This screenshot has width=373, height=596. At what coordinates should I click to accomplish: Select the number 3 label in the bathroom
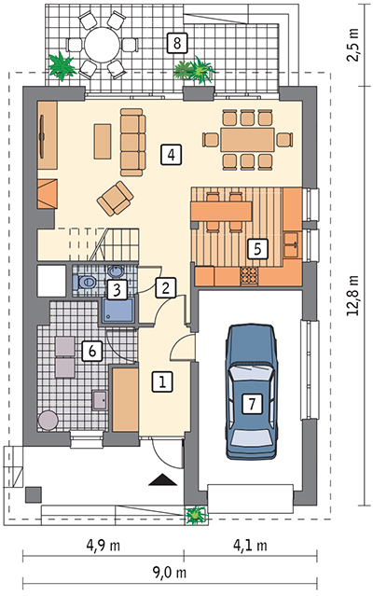pyautogui.click(x=117, y=289)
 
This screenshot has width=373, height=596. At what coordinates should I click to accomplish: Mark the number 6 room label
pyautogui.click(x=90, y=351)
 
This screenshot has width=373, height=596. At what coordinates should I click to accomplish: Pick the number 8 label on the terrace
pyautogui.click(x=175, y=41)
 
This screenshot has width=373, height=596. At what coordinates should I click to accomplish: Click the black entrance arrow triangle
pyautogui.click(x=163, y=480)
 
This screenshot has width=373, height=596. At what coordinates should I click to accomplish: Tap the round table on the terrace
pyautogui.click(x=99, y=44)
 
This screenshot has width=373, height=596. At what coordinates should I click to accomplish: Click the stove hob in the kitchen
pyautogui.click(x=249, y=275)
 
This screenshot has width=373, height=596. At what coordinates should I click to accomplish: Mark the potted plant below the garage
pyautogui.click(x=196, y=514)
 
